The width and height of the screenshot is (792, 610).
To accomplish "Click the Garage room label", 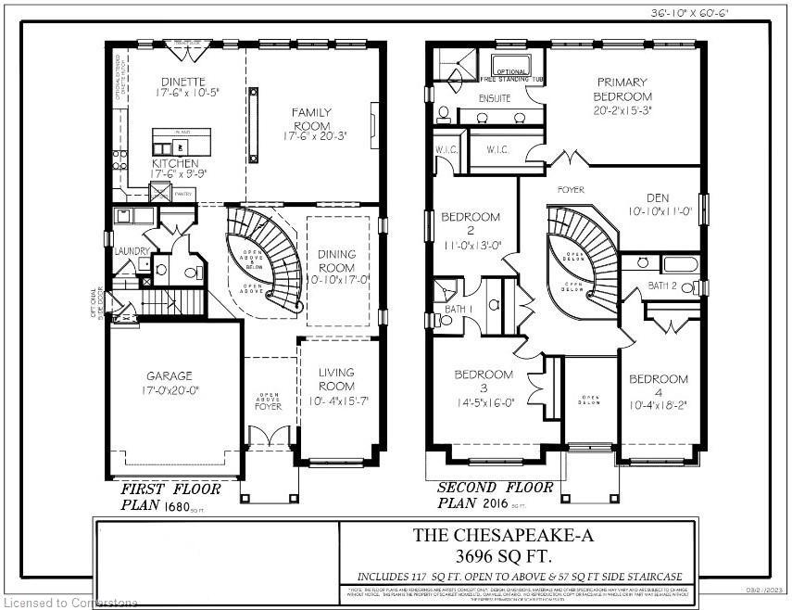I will pyautogui.click(x=169, y=376).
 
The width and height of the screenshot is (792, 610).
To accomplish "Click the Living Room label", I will pyautogui.click(x=336, y=379).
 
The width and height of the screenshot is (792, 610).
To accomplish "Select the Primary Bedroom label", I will pyautogui.click(x=623, y=89).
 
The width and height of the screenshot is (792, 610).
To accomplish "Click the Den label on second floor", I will pyautogui.click(x=659, y=197).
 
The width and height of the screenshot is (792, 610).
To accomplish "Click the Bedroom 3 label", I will pyautogui.click(x=483, y=375).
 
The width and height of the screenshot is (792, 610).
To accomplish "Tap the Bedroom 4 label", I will pyautogui.click(x=659, y=379).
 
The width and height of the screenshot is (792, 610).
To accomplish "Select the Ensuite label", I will pyautogui.click(x=494, y=96).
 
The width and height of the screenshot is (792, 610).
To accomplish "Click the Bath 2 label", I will pyautogui.click(x=662, y=286).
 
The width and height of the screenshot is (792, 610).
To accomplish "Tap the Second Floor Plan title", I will pyautogui.click(x=495, y=489).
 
